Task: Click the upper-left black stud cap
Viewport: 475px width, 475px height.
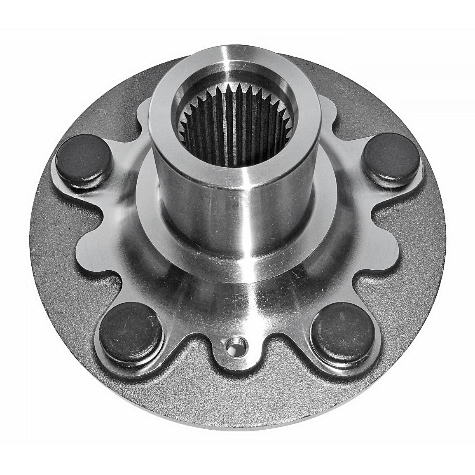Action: (x=84, y=158)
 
